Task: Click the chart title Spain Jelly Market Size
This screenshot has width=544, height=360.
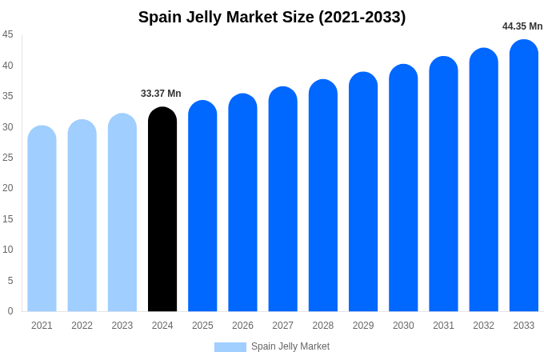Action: tap(272, 17)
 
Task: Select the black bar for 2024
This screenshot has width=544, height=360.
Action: tap(162, 210)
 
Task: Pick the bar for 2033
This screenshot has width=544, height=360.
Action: tap(524, 176)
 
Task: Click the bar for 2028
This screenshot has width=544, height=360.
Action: tap(323, 196)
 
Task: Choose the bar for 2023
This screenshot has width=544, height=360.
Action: tap(122, 213)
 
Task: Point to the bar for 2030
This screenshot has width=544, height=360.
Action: tap(403, 188)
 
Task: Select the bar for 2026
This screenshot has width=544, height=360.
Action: tap(242, 203)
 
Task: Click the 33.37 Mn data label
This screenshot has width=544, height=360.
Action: tap(161, 94)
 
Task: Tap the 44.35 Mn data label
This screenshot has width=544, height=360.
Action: tap(522, 26)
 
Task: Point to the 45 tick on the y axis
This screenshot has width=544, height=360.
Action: tap(8, 34)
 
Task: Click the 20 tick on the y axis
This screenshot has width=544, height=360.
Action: tap(8, 188)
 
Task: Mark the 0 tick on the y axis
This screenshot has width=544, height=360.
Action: tap(10, 311)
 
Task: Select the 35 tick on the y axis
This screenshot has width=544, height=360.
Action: tap(8, 96)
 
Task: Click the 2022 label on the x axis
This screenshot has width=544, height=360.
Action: tap(82, 326)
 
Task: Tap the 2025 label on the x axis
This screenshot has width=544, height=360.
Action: tap(202, 326)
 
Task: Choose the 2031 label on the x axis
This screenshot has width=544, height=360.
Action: tap(443, 326)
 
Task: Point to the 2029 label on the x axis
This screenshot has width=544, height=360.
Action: tap(363, 326)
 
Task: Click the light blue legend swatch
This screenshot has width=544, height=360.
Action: tap(230, 347)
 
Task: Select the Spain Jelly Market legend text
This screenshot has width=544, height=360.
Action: tap(290, 346)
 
